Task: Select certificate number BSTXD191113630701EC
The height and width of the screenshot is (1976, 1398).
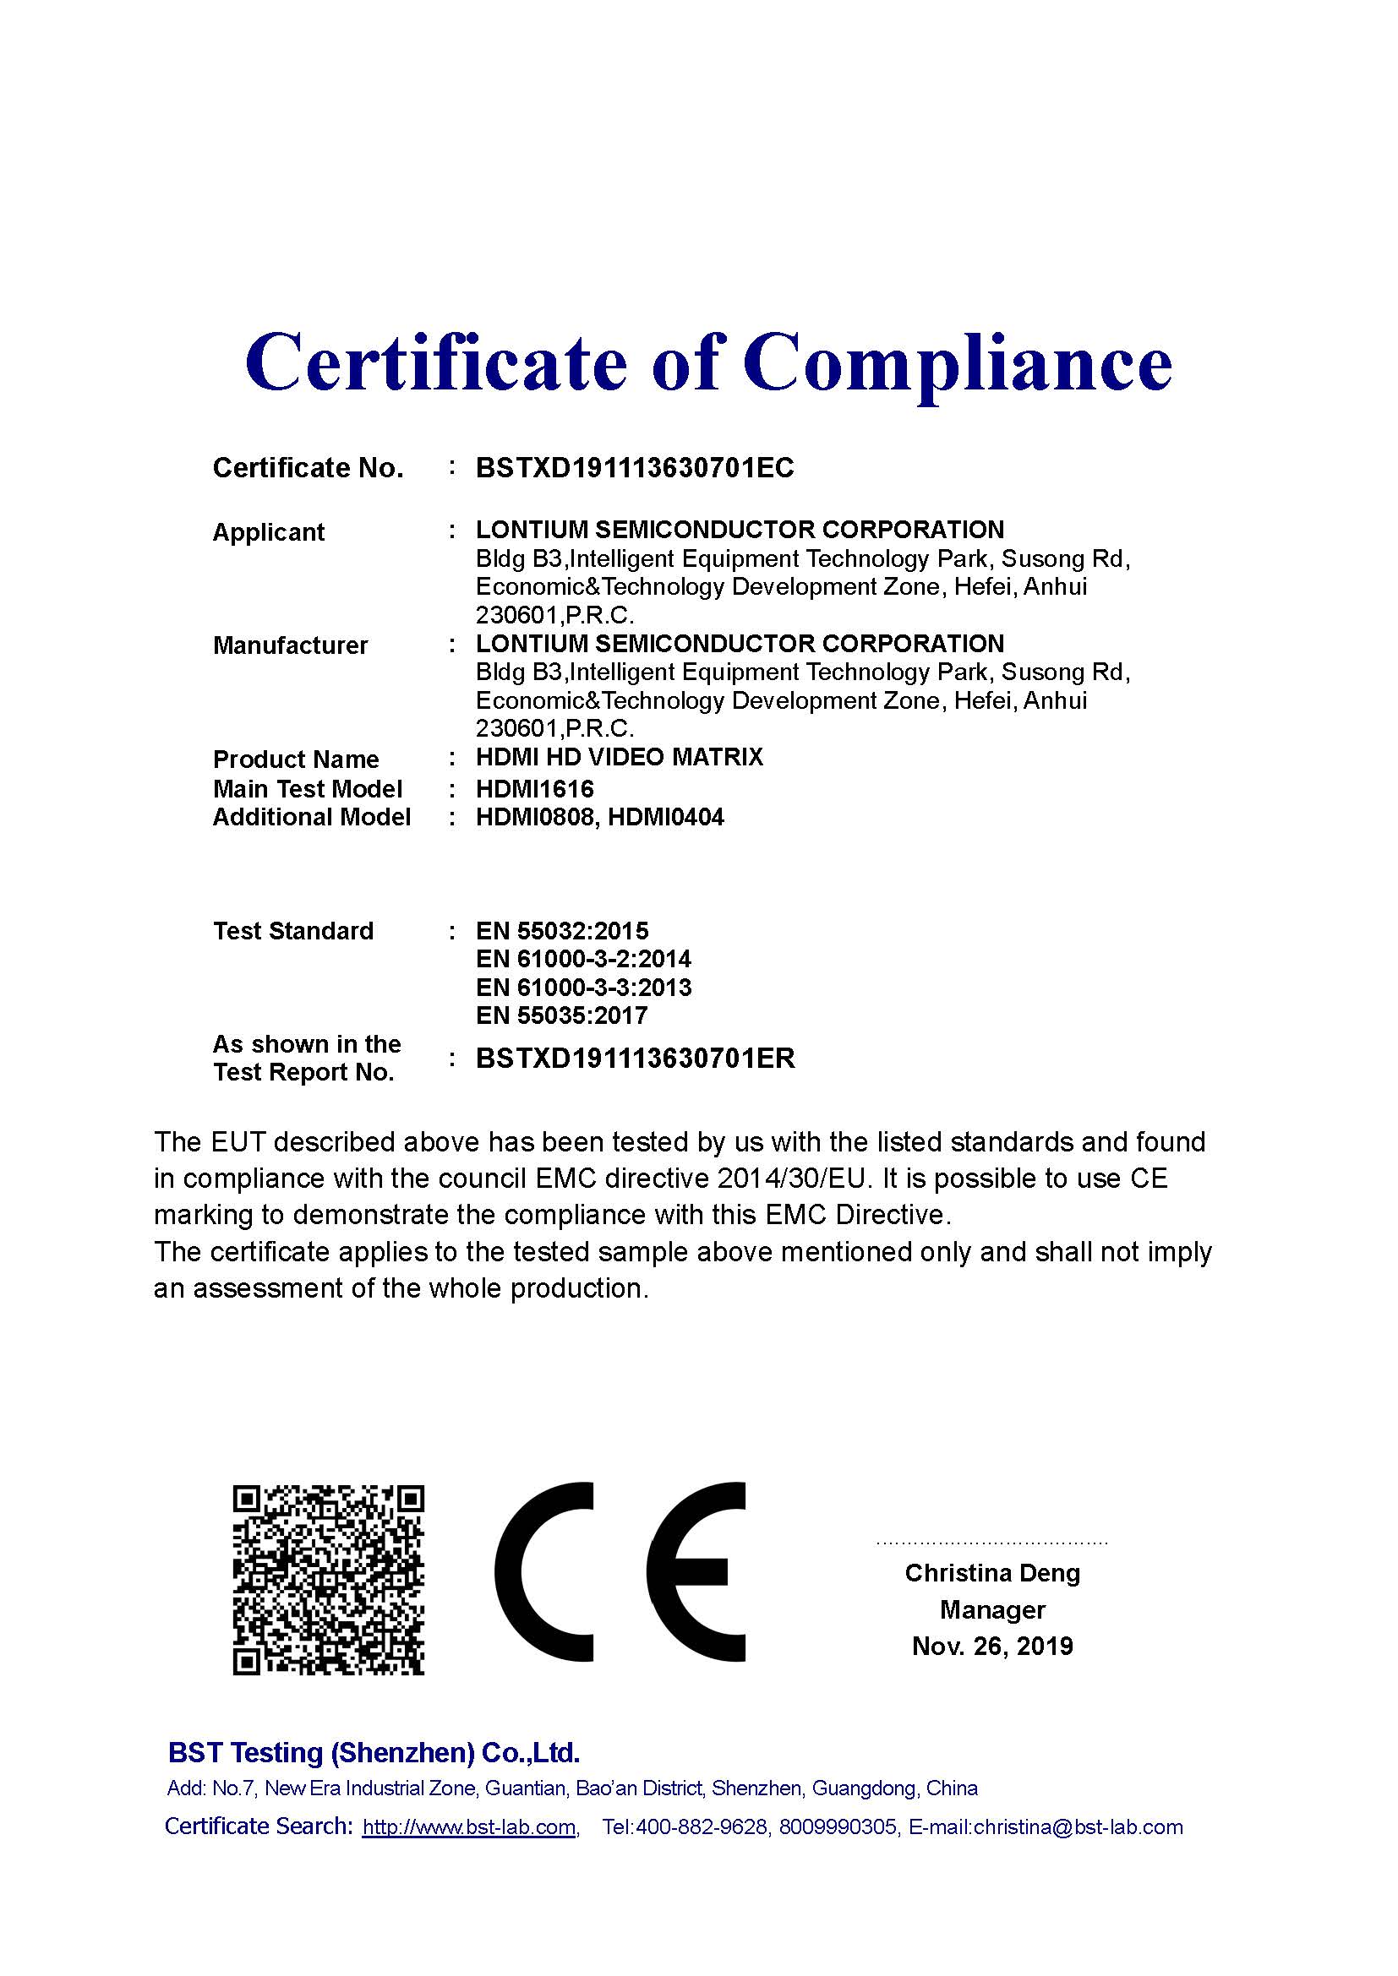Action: point(635,468)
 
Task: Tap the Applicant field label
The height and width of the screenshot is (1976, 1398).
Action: point(269,532)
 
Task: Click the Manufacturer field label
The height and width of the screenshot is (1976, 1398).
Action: point(290,645)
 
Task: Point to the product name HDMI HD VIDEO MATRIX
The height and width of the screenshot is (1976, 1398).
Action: point(619,757)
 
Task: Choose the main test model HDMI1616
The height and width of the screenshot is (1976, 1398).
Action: point(534,788)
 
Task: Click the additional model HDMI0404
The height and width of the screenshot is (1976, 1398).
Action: point(666,817)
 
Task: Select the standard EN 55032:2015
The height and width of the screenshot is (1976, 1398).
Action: point(562,931)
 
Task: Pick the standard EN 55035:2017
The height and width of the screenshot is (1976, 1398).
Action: point(561,1015)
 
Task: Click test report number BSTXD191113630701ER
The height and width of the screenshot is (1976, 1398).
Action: point(636,1059)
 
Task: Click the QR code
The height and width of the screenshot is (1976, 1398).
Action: point(329,1579)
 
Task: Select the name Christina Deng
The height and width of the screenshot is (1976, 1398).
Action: point(991,1573)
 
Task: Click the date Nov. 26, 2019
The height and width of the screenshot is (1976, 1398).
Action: point(991,1647)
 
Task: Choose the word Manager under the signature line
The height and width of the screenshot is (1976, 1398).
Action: point(991,1609)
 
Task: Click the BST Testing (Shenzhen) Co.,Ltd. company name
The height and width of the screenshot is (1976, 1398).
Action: point(374,1752)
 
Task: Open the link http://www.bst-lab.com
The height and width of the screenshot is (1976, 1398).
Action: point(469,1827)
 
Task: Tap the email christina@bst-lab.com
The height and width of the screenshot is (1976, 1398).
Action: point(1078,1827)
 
